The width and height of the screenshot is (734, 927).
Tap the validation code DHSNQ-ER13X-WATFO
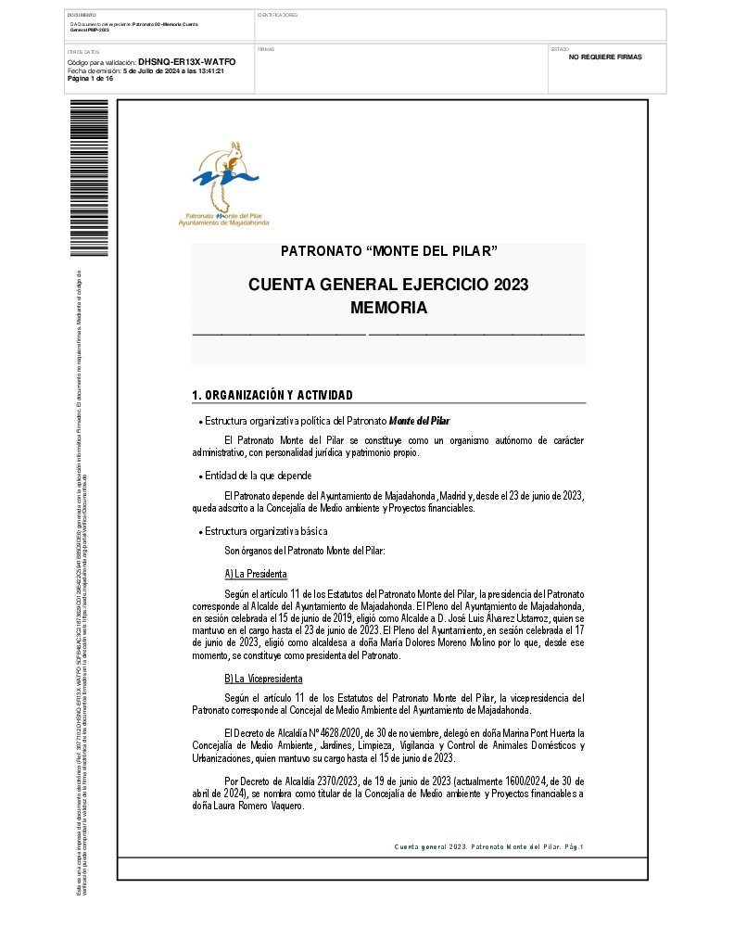point(186,62)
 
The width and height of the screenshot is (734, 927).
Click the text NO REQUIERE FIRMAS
point(605,57)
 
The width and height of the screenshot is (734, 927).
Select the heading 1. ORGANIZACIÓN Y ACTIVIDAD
point(272,396)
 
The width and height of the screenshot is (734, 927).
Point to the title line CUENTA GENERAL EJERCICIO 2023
point(388,285)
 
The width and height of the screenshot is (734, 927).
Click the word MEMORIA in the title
point(388,308)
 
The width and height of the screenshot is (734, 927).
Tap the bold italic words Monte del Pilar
point(426,421)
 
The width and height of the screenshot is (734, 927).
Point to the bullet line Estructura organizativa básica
point(266,531)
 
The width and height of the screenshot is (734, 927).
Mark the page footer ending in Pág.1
point(488,846)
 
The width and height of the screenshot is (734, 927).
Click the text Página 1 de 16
point(90,79)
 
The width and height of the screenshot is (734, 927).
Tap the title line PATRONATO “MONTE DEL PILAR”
point(388,251)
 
